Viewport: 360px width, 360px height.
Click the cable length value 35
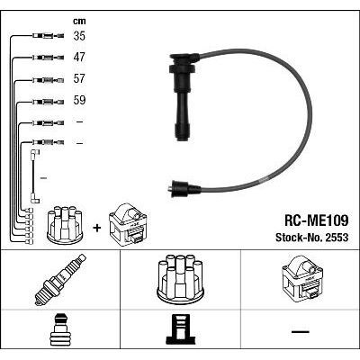(x=79, y=36)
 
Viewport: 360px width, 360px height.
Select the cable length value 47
(x=79, y=57)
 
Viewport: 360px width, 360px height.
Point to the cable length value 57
(x=79, y=78)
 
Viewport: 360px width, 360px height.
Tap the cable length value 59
(x=79, y=100)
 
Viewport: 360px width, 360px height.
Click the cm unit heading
(x=79, y=21)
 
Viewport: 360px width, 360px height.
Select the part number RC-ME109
(x=316, y=221)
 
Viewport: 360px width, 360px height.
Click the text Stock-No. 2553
(x=312, y=238)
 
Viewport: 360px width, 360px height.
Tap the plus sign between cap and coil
(x=97, y=228)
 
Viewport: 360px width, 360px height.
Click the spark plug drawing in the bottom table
(x=60, y=279)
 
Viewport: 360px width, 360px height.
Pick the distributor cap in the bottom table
(x=180, y=278)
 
